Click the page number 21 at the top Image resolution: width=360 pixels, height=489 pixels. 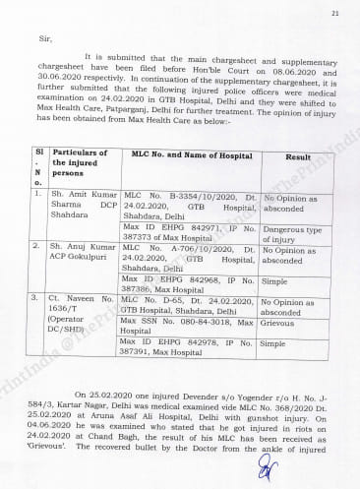coord(334,13)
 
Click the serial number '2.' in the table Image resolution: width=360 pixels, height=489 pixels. coord(36,245)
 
